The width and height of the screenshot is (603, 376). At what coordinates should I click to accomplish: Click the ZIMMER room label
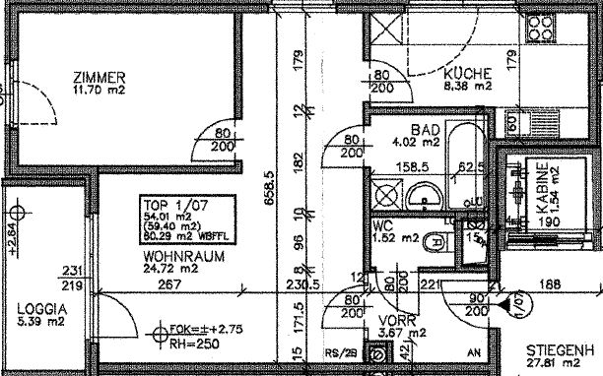coord(100,77)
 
